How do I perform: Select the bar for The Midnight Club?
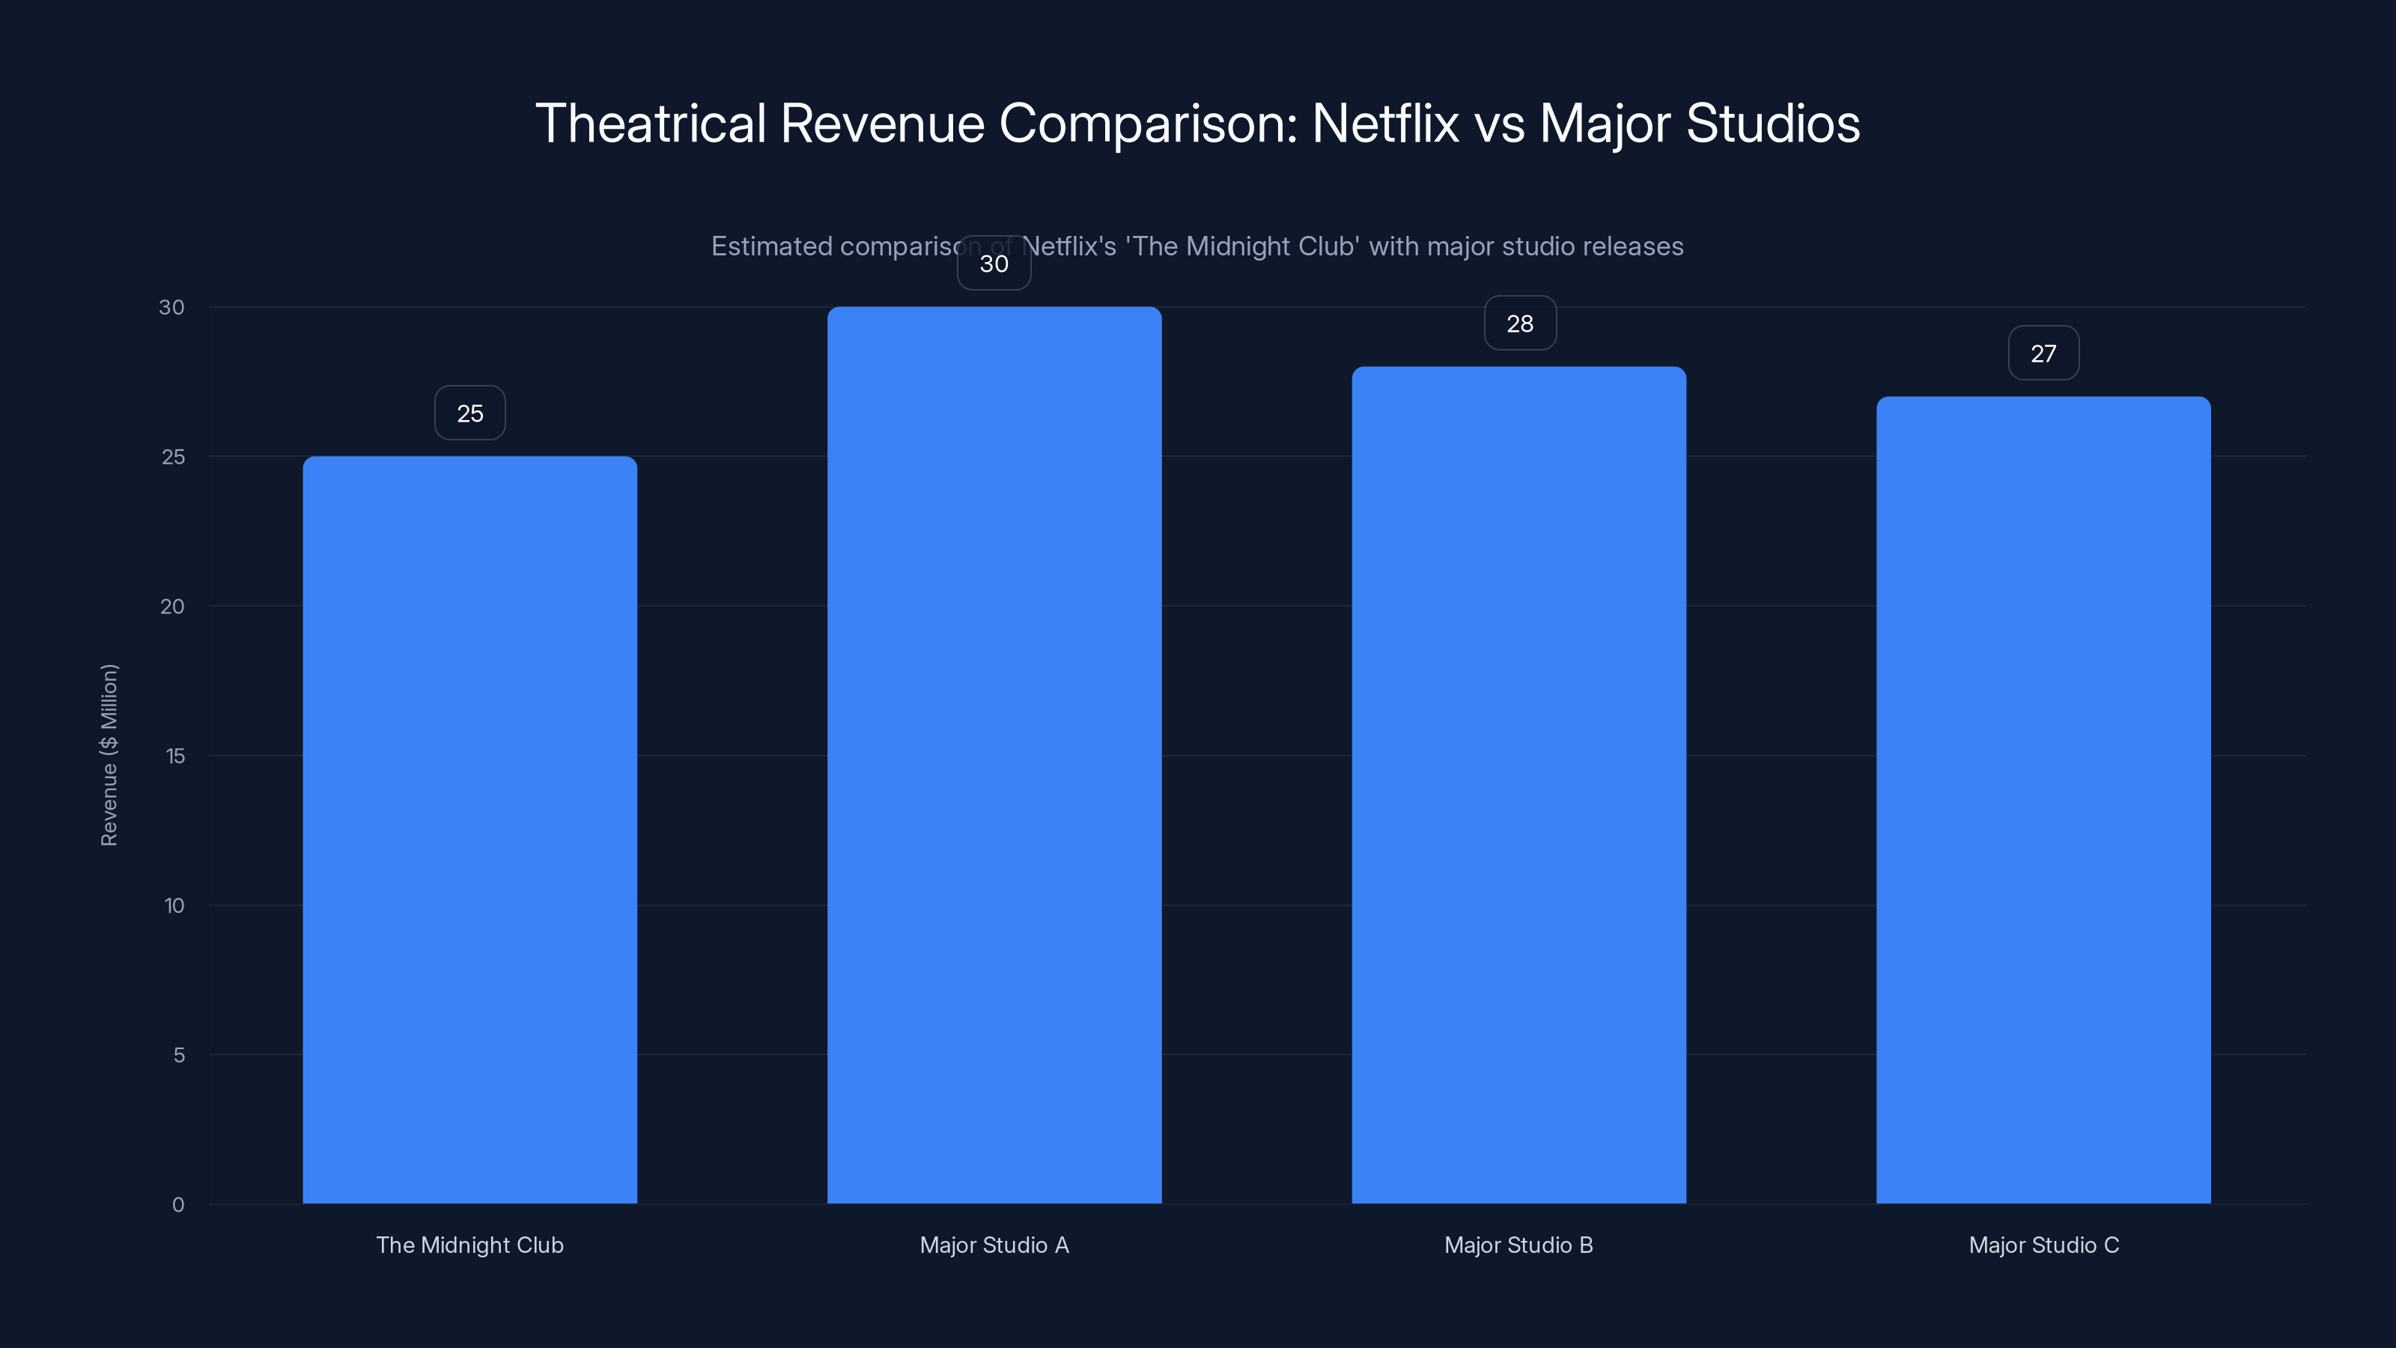point(469,828)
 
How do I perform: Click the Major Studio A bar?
point(994,753)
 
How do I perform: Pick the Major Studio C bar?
point(2043,799)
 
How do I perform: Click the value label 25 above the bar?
point(469,413)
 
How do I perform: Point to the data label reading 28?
point(1520,324)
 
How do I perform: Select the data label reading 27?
point(2043,353)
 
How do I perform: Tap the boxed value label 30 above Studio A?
point(994,264)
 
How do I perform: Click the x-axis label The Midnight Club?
point(469,1245)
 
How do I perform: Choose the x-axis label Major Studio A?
point(994,1245)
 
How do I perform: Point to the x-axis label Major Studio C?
point(2043,1245)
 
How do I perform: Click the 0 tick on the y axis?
point(177,1205)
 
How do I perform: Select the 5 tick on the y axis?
point(179,1055)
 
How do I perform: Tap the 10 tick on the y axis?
point(174,905)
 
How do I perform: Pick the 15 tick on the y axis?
point(175,756)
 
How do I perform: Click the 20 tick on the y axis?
point(172,607)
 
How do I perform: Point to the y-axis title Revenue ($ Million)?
point(109,754)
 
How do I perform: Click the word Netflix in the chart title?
point(1385,123)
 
